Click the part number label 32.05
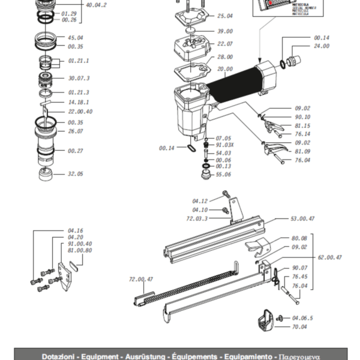click(76, 174)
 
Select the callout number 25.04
click(225, 16)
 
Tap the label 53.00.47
click(302, 219)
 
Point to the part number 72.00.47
click(142, 279)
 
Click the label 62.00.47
click(329, 257)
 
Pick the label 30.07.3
click(79, 78)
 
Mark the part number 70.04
click(299, 327)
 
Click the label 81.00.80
click(80, 250)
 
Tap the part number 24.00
click(322, 46)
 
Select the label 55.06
click(223, 175)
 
